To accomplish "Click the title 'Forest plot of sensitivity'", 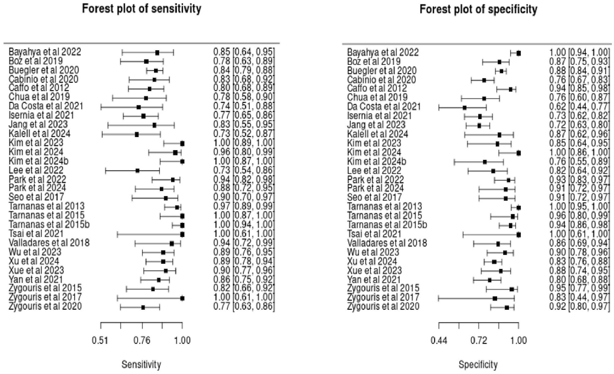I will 142,9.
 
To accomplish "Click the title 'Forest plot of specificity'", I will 478,9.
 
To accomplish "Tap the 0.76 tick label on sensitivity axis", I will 142,340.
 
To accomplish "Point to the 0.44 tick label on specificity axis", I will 439,340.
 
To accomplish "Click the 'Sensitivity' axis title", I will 141,365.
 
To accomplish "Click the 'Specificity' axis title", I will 478,365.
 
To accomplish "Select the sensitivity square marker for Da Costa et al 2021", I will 139,107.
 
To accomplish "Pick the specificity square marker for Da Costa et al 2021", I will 464,108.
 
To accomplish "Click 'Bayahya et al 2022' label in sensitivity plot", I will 45,52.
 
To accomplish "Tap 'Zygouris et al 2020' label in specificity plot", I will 383,306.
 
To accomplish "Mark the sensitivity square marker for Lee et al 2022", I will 137,171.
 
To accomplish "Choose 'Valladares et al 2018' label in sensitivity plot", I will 49,243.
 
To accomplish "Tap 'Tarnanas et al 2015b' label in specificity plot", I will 387,225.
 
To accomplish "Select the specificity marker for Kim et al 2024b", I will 485,162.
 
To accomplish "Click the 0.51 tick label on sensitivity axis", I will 100,340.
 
